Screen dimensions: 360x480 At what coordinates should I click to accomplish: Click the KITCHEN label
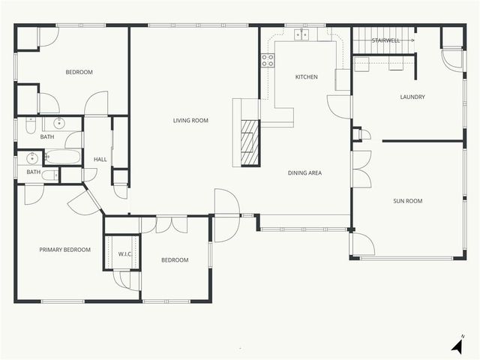coord(306,77)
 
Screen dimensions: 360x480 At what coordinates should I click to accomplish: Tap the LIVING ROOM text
coord(190,121)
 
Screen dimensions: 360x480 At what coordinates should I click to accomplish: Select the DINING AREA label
coord(304,173)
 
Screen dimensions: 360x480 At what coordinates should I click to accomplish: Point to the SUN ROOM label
coord(408,201)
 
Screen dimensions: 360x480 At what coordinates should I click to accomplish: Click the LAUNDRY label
coord(412,97)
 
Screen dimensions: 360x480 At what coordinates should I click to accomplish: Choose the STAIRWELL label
coord(385,40)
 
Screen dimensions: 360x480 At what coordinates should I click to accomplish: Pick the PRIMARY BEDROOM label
coord(65,250)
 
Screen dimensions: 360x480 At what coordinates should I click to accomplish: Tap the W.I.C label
coord(124,253)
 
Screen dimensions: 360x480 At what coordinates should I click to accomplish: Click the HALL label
coord(100,160)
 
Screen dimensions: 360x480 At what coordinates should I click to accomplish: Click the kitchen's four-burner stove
coord(268,61)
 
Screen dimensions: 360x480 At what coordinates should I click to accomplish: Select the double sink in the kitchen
coord(302,34)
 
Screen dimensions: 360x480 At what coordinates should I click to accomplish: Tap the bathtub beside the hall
coord(63,157)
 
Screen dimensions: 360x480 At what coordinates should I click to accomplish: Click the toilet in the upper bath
coord(30,126)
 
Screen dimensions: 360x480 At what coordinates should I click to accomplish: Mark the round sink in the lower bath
coord(31,157)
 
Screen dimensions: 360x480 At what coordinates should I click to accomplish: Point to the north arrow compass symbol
coord(457,345)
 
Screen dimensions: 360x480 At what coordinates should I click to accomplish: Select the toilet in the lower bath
coord(49,175)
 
